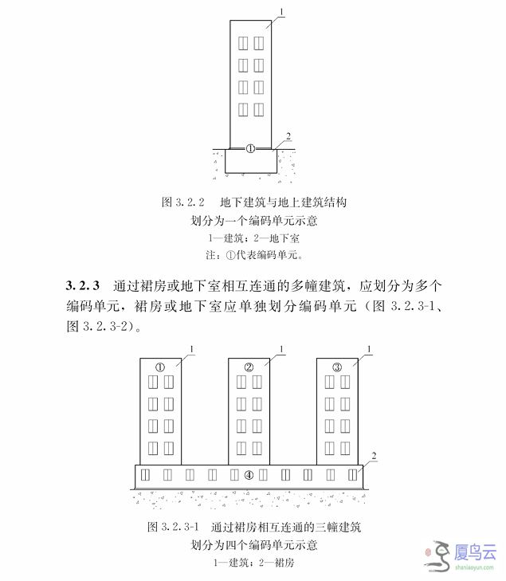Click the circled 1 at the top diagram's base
click(250, 149)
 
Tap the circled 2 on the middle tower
click(249, 367)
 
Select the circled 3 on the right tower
click(337, 367)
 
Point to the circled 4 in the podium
click(249, 475)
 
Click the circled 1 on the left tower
click(160, 367)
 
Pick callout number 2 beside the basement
click(288, 136)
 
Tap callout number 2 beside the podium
click(374, 456)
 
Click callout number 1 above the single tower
click(281, 12)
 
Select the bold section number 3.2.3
click(83, 285)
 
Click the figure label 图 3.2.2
click(183, 202)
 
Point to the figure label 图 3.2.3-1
click(173, 527)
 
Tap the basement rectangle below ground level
click(251, 161)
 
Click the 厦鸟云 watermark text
click(475, 552)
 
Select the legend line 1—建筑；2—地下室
click(253, 238)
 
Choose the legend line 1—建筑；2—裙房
click(253, 563)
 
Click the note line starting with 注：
click(254, 255)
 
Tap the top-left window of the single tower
click(243, 43)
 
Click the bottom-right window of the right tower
click(345, 449)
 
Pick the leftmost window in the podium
click(145, 475)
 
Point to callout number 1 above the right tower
click(369, 349)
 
